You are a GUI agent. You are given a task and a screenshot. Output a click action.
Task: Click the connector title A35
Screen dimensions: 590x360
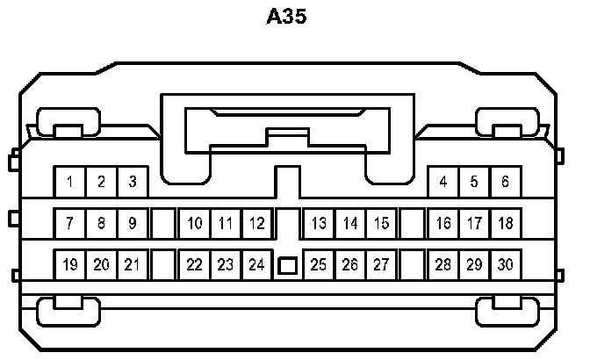tap(286, 17)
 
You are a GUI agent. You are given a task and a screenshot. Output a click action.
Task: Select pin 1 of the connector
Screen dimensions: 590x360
tap(69, 183)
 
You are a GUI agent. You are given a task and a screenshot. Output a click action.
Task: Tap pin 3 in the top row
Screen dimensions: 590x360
tap(133, 183)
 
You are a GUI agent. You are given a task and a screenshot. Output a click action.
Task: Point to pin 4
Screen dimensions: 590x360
tap(443, 183)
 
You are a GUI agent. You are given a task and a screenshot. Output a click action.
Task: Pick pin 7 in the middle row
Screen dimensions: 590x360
tap(69, 223)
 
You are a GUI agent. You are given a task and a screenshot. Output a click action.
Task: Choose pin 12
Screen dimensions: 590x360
tap(256, 223)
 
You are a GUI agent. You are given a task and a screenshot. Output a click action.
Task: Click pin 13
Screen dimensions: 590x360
tap(320, 223)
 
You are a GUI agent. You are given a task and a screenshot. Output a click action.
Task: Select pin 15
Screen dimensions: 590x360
tap(381, 223)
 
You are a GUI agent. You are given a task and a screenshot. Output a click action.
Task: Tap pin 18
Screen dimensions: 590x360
tap(505, 223)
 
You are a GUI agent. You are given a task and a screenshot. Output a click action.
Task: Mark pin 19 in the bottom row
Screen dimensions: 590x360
tap(69, 263)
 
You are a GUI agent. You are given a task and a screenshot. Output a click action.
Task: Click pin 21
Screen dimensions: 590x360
tap(133, 263)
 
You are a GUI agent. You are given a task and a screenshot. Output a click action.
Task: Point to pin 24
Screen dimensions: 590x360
tap(256, 263)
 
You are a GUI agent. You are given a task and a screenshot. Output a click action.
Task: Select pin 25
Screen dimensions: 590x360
tap(320, 263)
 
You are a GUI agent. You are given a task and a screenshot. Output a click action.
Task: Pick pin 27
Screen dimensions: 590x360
tap(381, 263)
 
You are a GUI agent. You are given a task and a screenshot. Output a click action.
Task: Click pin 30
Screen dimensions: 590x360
tap(505, 263)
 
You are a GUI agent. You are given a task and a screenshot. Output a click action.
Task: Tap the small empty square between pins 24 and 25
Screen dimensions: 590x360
tap(287, 264)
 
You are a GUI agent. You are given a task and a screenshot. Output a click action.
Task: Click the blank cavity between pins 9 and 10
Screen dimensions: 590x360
tap(163, 223)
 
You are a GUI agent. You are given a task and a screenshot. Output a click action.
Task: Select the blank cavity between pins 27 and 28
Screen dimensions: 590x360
tap(412, 263)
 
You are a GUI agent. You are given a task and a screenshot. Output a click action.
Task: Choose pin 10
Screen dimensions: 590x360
tap(195, 223)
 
